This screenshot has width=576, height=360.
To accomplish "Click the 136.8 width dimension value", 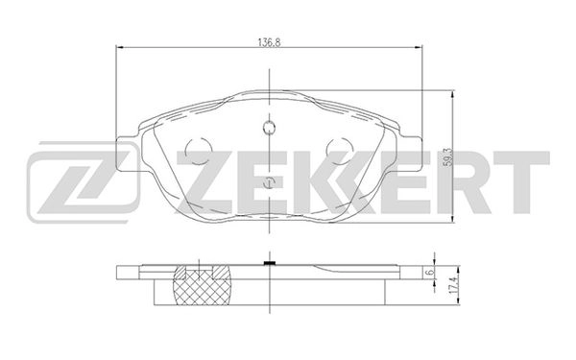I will [268, 41].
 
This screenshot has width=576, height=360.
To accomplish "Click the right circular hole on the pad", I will [339, 151].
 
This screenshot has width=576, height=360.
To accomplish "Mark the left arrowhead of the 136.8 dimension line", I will [119, 49].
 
